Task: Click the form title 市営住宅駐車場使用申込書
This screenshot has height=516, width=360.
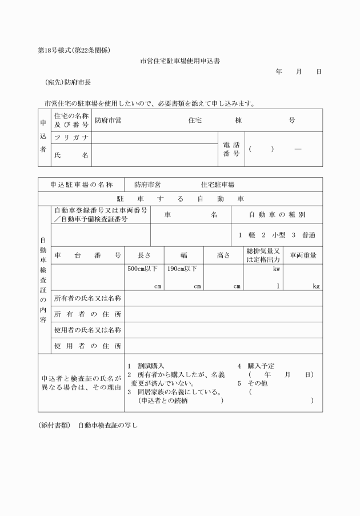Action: pyautogui.click(x=180, y=61)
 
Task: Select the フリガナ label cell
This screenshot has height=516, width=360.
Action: pyautogui.click(x=71, y=138)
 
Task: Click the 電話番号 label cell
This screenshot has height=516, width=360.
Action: pyautogui.click(x=231, y=149)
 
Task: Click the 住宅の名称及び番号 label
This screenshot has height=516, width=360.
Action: pyautogui.click(x=71, y=120)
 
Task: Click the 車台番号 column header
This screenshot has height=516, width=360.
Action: pyautogui.click(x=87, y=255)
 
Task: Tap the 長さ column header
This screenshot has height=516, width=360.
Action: pyautogui.click(x=145, y=255)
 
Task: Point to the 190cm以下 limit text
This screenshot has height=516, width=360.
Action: pyautogui.click(x=182, y=269)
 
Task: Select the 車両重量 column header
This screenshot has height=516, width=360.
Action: pyautogui.click(x=303, y=255)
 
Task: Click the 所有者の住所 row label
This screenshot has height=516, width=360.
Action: pyautogui.click(x=87, y=314)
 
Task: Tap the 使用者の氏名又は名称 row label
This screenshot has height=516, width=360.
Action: pyautogui.click(x=87, y=330)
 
